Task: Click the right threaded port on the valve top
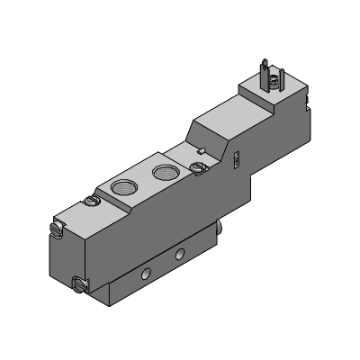click(x=162, y=172)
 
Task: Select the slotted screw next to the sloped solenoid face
click(x=199, y=167)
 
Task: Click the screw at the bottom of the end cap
click(x=78, y=286)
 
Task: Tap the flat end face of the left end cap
click(x=63, y=257)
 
